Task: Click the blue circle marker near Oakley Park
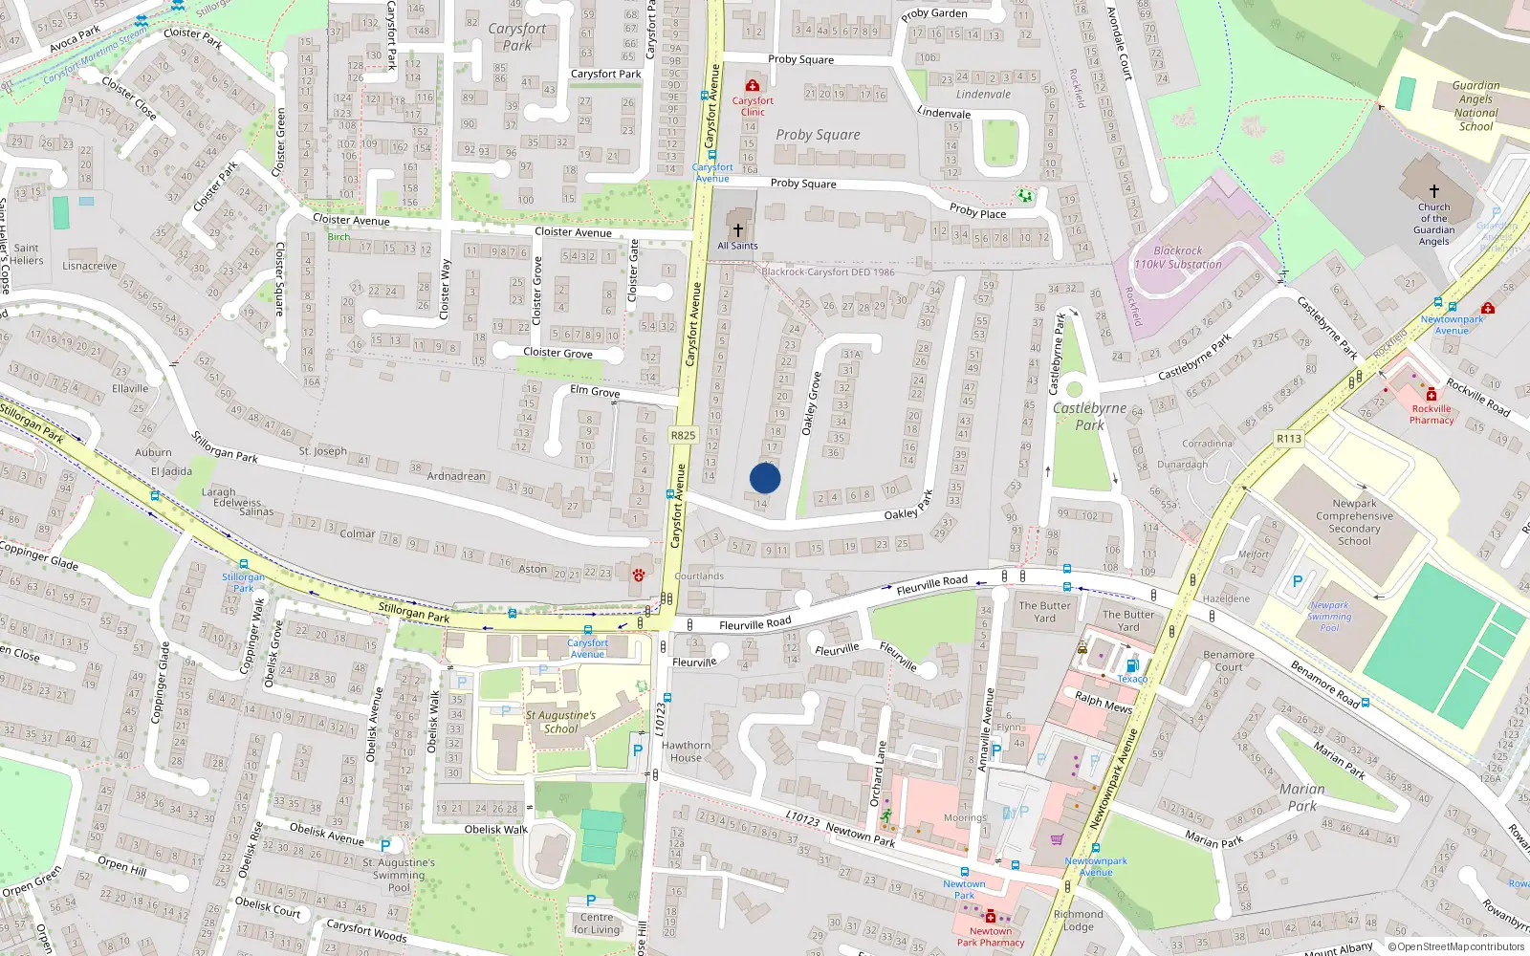pos(765,478)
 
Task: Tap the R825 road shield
pos(683,435)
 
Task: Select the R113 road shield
pos(1289,439)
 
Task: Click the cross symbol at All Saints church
pos(737,230)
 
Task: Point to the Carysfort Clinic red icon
pos(753,86)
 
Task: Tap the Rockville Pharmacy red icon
pos(1431,395)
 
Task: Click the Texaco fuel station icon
pos(1132,666)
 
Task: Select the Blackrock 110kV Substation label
pos(1178,257)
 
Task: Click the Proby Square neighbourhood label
pos(818,135)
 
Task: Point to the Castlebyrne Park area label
pos(1090,416)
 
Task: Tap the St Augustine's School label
pos(560,722)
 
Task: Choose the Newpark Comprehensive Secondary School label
pos(1354,522)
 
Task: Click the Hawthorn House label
pos(686,751)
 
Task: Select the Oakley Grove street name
pos(812,403)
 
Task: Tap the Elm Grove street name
pos(595,391)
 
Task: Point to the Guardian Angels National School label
pos(1475,105)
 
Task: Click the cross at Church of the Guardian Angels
pos(1433,191)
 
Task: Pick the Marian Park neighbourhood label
pos(1302,797)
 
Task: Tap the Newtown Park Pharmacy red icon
pos(991,916)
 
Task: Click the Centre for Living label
pos(597,923)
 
